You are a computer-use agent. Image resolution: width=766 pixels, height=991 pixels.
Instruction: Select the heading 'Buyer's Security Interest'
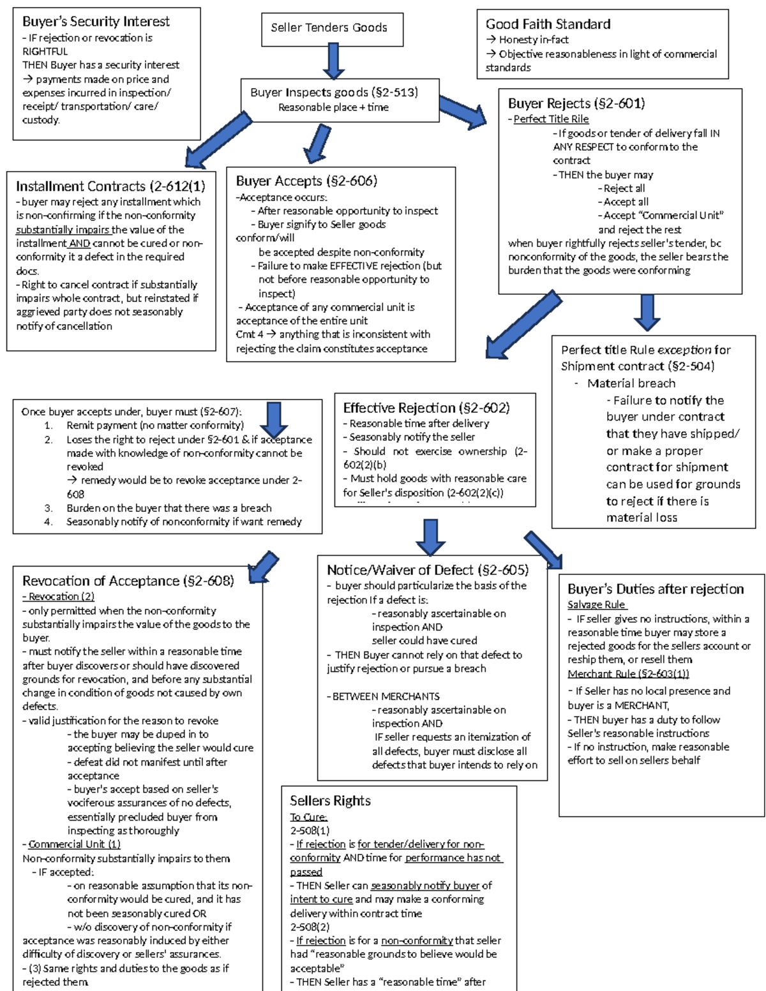point(96,22)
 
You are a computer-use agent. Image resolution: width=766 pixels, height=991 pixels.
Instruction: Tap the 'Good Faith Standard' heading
point(548,24)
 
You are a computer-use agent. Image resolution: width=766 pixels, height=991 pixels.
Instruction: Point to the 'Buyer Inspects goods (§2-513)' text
point(334,93)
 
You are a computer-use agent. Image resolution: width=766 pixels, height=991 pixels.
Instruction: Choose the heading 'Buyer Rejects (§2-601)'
point(576,103)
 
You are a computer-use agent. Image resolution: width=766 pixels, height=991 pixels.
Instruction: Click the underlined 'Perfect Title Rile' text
point(551,119)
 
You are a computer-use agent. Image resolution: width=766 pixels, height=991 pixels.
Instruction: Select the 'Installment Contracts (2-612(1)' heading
point(110,186)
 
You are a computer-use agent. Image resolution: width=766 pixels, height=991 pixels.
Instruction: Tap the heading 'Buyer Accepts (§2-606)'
point(306,181)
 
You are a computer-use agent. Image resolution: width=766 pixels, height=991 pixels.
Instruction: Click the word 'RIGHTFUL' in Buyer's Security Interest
point(45,52)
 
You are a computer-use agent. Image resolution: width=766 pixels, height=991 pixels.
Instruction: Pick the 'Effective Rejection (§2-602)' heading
point(426,408)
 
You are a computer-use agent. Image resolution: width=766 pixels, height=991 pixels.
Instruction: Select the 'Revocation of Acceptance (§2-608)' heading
point(128,581)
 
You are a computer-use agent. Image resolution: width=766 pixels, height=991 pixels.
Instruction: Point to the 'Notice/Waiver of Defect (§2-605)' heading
point(427,570)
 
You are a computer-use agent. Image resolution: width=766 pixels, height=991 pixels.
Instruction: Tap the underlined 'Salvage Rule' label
point(597,604)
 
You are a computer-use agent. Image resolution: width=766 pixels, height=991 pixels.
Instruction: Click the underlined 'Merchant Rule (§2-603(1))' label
point(628,674)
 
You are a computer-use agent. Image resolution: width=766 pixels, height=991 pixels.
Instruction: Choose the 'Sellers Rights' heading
point(330,801)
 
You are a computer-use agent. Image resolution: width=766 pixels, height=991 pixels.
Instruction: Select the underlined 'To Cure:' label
point(308,817)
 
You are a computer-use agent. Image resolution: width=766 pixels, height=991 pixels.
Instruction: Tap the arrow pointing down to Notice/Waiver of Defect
point(430,537)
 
